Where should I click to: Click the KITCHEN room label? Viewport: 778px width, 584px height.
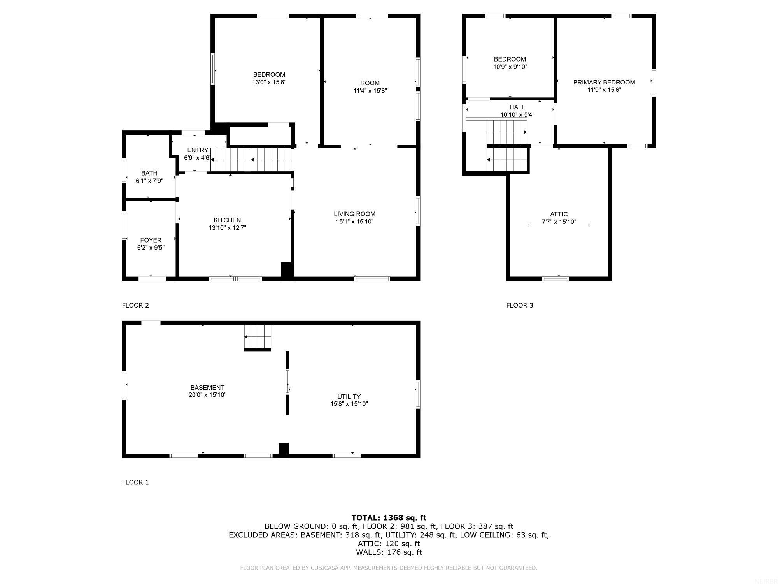227,220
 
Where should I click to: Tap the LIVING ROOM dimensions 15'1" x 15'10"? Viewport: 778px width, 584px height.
354,222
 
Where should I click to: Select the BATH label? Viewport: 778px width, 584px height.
149,173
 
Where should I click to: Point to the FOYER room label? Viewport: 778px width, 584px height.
151,240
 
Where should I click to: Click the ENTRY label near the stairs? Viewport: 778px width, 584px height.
198,150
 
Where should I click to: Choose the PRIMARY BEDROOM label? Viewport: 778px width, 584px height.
604,82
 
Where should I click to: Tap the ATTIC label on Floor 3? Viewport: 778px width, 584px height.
559,214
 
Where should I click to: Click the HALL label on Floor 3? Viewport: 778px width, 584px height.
517,107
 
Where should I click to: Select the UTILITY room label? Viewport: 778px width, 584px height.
349,397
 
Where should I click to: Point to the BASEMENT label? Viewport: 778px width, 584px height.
207,388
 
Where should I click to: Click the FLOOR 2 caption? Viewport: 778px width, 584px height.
135,305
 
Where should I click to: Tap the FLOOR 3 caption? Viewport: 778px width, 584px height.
519,305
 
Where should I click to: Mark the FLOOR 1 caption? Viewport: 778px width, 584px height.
135,482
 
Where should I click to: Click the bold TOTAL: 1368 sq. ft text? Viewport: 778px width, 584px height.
389,518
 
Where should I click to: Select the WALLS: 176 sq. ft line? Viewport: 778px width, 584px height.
389,552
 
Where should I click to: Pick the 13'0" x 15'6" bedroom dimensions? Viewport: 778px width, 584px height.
269,82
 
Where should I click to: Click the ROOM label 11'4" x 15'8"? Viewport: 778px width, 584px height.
370,83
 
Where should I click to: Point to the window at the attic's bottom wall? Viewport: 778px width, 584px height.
555,278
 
